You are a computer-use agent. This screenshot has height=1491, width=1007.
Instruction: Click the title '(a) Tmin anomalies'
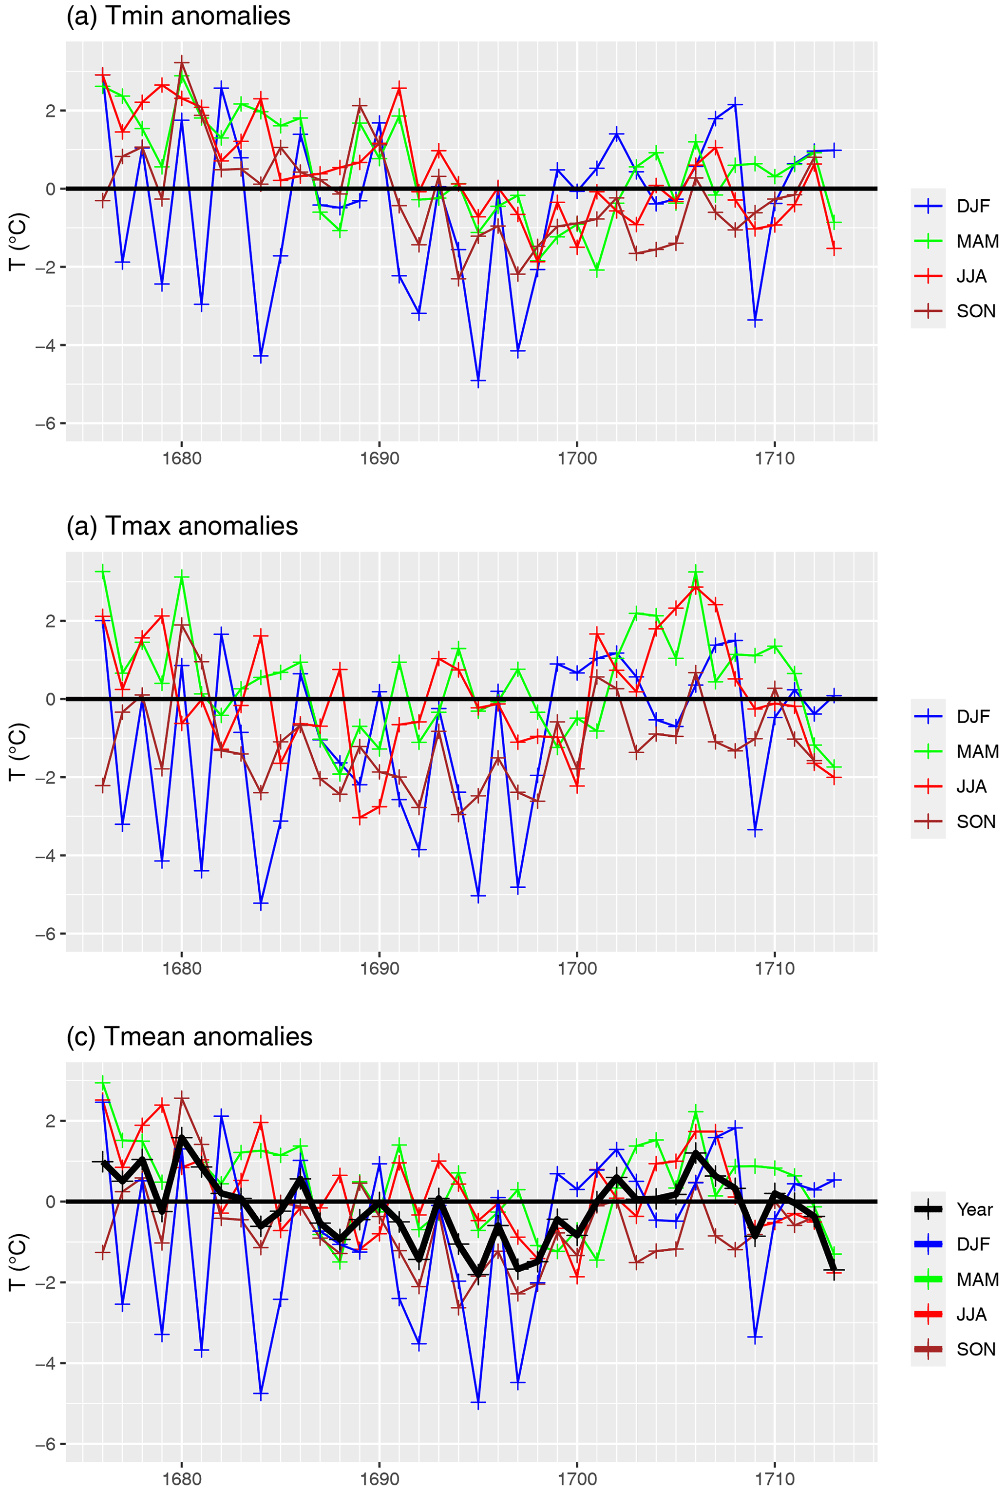[178, 16]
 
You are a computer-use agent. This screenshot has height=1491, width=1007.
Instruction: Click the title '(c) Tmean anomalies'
[189, 1036]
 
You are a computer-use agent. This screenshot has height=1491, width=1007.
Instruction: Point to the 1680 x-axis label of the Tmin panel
[182, 459]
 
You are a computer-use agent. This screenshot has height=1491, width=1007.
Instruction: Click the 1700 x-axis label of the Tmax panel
[577, 968]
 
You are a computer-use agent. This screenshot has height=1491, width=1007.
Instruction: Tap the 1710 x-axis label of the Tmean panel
[775, 1479]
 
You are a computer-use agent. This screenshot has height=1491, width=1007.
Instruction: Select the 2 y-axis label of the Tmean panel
[50, 1121]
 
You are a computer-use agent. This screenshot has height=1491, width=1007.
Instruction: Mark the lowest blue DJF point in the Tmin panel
[478, 381]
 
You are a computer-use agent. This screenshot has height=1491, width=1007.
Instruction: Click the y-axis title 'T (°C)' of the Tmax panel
[18, 752]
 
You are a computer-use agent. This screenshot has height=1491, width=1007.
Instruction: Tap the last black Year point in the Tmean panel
[835, 1270]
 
